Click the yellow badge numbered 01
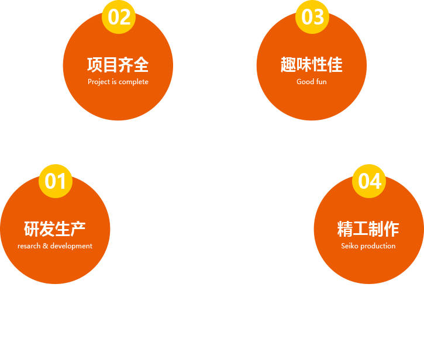coord(56,181)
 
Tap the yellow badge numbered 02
coord(119,17)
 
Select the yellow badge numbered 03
coord(312,17)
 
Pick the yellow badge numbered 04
coord(369,181)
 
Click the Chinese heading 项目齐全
coord(118,65)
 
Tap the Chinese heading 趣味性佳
coord(312,65)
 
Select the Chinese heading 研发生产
coord(55,229)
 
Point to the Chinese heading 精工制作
coord(368,229)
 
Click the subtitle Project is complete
coord(118,82)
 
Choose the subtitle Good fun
coord(312,82)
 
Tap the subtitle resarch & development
coord(55,246)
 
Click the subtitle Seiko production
coord(368,246)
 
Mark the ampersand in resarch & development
coord(46,245)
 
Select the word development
coord(71,246)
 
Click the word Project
coord(99,82)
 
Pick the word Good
coord(305,82)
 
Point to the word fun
coord(322,82)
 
